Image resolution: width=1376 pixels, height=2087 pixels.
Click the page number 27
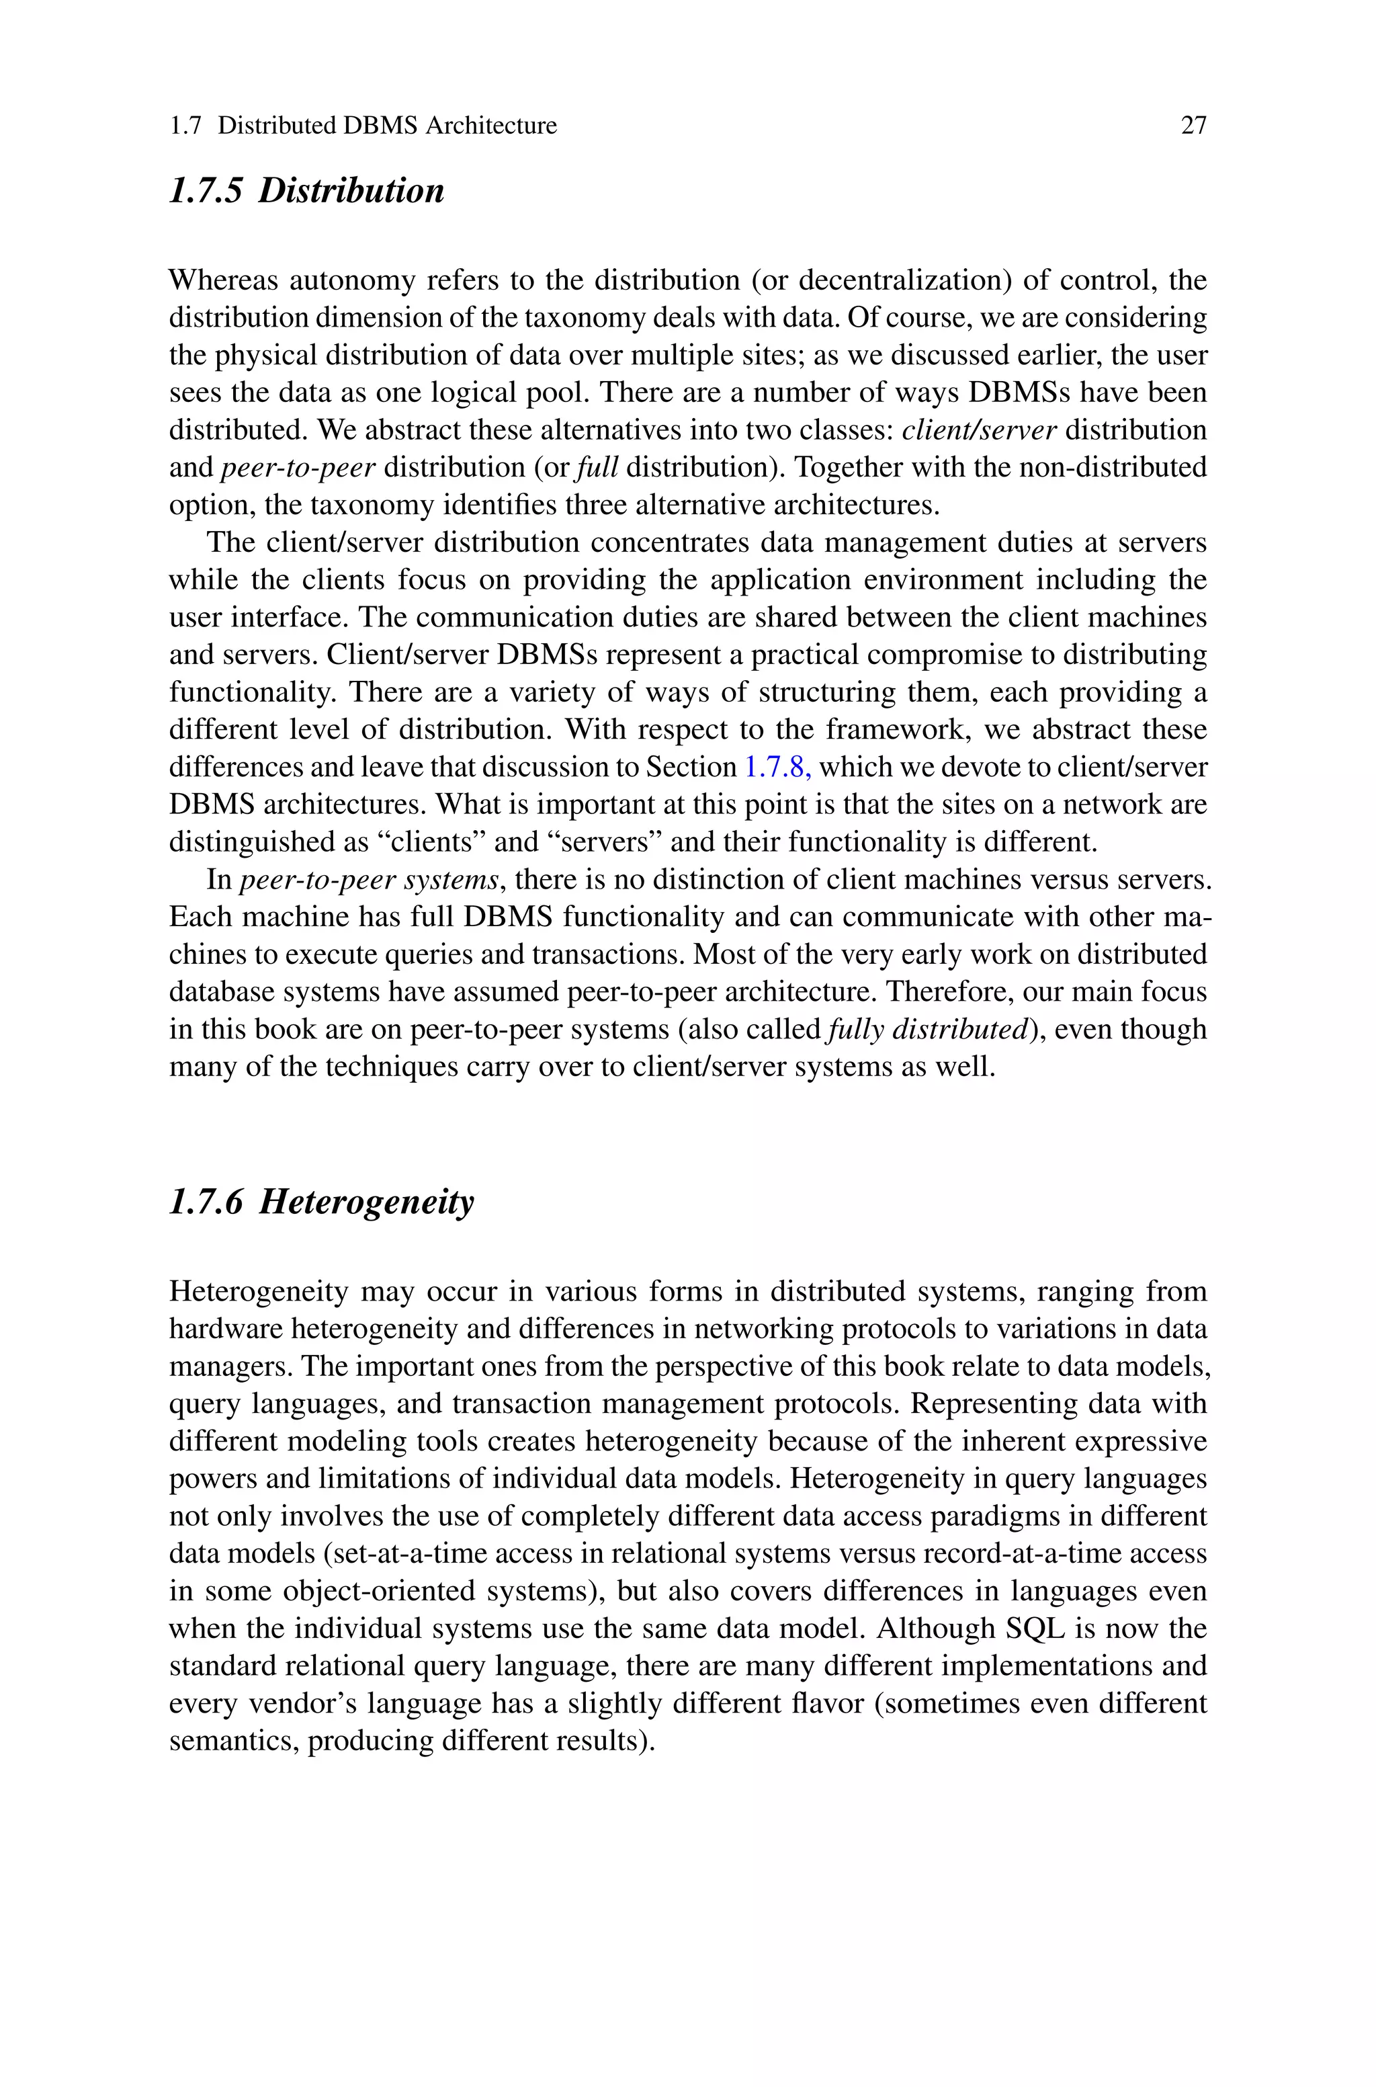1193,126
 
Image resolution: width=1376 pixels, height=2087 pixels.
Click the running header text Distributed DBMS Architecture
387,126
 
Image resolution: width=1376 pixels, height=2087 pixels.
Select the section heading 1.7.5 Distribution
306,190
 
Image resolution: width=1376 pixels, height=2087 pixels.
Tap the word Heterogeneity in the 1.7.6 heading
366,1202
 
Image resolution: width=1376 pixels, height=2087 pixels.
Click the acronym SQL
1035,1629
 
